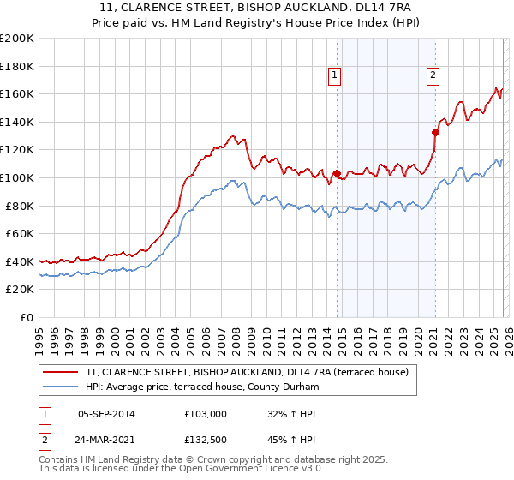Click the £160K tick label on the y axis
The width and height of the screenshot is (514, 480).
[x=17, y=93]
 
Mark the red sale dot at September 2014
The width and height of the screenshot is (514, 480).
[x=337, y=173]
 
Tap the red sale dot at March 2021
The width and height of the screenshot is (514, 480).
[x=435, y=132]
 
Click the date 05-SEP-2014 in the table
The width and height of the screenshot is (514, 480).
[x=106, y=414]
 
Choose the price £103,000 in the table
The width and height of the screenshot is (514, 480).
[x=205, y=414]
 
